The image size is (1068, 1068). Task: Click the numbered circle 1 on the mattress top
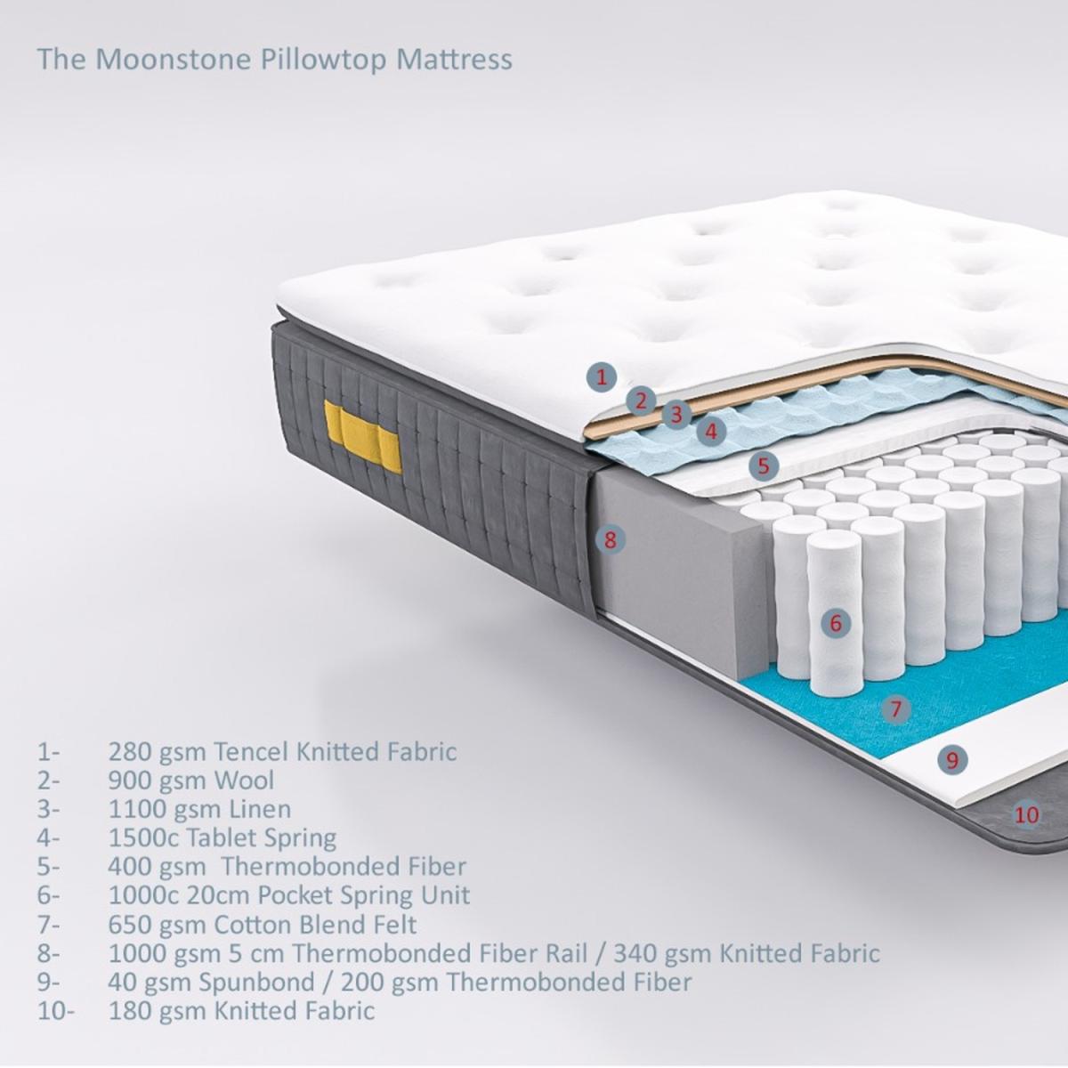pos(603,377)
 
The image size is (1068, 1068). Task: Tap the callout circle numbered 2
pos(641,400)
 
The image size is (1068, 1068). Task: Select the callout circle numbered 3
pos(676,414)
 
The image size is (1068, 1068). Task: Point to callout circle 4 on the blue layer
pos(712,431)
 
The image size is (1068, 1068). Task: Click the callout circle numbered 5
pos(764,465)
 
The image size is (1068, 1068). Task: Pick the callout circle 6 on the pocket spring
pos(836,623)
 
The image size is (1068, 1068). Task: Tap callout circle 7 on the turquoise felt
pos(896,708)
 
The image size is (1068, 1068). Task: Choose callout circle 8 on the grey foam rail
pos(611,539)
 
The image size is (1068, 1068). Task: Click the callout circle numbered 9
pos(952,759)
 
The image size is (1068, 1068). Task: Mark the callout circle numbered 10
pos(1026,814)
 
